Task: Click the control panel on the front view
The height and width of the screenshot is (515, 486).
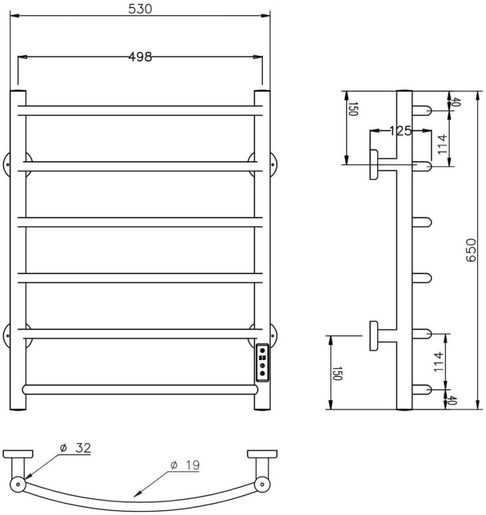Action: (262, 362)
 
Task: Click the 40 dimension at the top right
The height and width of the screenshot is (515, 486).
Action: (454, 102)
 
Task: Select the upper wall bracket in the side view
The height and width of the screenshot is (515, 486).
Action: (375, 165)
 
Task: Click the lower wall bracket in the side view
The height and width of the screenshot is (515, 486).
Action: (374, 336)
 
